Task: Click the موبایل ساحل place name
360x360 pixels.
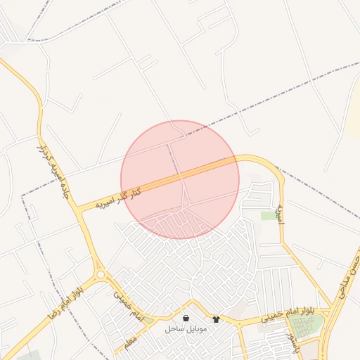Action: click(184, 329)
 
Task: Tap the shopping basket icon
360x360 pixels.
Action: click(185, 318)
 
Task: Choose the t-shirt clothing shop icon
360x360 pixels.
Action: click(216, 319)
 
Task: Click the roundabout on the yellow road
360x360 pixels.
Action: click(101, 274)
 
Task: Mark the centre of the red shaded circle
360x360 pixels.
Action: click(180, 179)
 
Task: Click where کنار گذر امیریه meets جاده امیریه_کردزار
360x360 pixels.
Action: click(79, 209)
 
